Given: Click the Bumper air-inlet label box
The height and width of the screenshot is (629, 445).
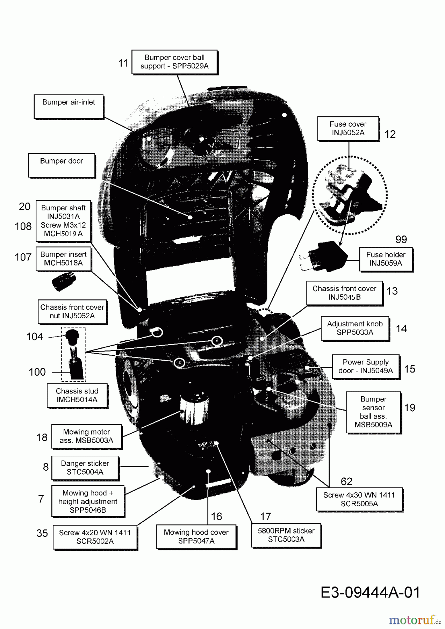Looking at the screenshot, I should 69,106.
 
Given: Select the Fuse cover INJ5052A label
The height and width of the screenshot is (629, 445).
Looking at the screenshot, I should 348,129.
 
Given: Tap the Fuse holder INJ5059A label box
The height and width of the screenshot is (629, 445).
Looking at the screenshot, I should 386,259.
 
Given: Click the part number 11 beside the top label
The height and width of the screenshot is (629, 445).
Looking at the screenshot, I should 123,63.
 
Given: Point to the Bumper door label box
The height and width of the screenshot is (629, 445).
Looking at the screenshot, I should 62,165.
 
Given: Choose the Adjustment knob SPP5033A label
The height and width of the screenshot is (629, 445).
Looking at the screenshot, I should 355,328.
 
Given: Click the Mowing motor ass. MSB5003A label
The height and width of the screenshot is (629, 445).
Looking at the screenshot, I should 86,436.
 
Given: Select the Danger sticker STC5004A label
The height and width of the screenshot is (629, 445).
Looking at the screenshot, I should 85,468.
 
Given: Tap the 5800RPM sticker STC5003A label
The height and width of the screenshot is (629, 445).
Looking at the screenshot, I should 286,535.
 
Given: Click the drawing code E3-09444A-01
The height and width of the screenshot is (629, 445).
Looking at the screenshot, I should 370,592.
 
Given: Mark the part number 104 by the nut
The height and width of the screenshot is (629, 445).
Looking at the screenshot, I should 35,337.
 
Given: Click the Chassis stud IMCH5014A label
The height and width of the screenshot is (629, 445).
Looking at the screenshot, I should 77,395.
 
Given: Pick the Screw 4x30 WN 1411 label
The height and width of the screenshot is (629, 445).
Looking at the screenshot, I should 359,499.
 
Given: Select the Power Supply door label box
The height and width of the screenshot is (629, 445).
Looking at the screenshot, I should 365,366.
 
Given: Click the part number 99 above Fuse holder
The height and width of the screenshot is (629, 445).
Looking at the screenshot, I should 401,239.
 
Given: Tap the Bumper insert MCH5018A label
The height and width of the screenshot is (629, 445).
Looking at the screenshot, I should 63,259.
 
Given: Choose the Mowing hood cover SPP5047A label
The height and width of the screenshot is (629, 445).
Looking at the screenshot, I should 196,536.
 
